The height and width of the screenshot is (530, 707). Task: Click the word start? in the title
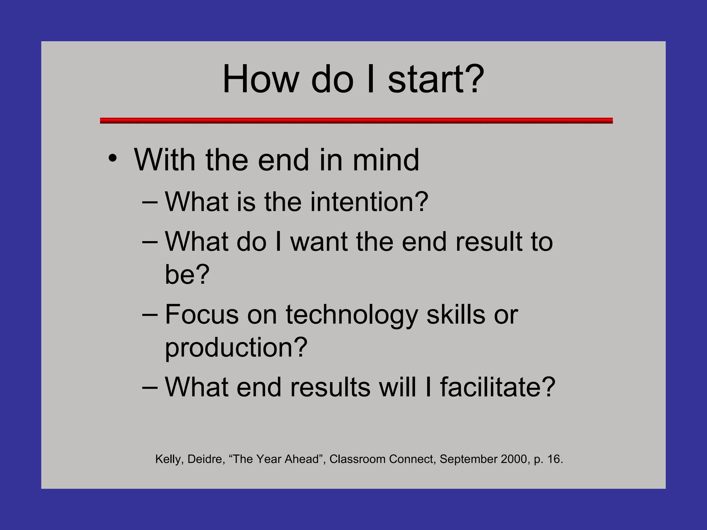click(x=436, y=79)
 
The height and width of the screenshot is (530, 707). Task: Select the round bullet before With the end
click(x=113, y=159)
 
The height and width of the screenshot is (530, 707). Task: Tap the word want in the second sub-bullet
click(x=319, y=242)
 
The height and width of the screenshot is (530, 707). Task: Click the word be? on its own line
click(x=187, y=274)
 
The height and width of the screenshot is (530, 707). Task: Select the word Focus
click(x=202, y=314)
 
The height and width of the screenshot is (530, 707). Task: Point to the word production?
click(x=236, y=348)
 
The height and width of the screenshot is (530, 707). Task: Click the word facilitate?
click(x=497, y=387)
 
